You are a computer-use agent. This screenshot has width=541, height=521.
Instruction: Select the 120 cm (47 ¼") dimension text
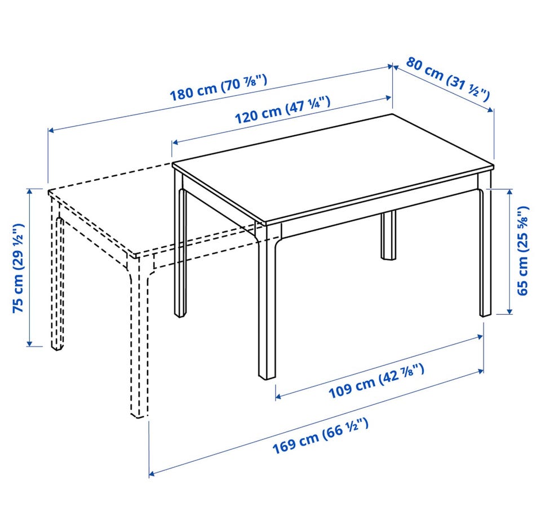[282, 109]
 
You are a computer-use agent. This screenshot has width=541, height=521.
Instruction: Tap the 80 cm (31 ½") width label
[448, 79]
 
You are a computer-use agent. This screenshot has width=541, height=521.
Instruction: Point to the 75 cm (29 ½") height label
[18, 268]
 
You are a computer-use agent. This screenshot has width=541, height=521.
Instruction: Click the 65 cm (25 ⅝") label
[523, 251]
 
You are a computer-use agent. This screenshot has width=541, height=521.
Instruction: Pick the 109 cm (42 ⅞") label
[376, 381]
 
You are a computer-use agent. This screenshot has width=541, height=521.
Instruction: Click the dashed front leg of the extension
[139, 340]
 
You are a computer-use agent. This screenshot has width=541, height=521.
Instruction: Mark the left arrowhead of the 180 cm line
[50, 130]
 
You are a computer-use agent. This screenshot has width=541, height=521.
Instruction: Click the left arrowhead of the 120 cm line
[175, 142]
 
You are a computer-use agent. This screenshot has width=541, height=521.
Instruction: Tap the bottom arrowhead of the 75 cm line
[30, 343]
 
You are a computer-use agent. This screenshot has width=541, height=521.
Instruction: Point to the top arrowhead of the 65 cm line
[509, 192]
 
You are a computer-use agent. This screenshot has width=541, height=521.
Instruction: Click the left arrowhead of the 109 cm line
[278, 397]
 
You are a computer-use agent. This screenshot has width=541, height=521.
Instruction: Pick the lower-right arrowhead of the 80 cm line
[491, 110]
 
